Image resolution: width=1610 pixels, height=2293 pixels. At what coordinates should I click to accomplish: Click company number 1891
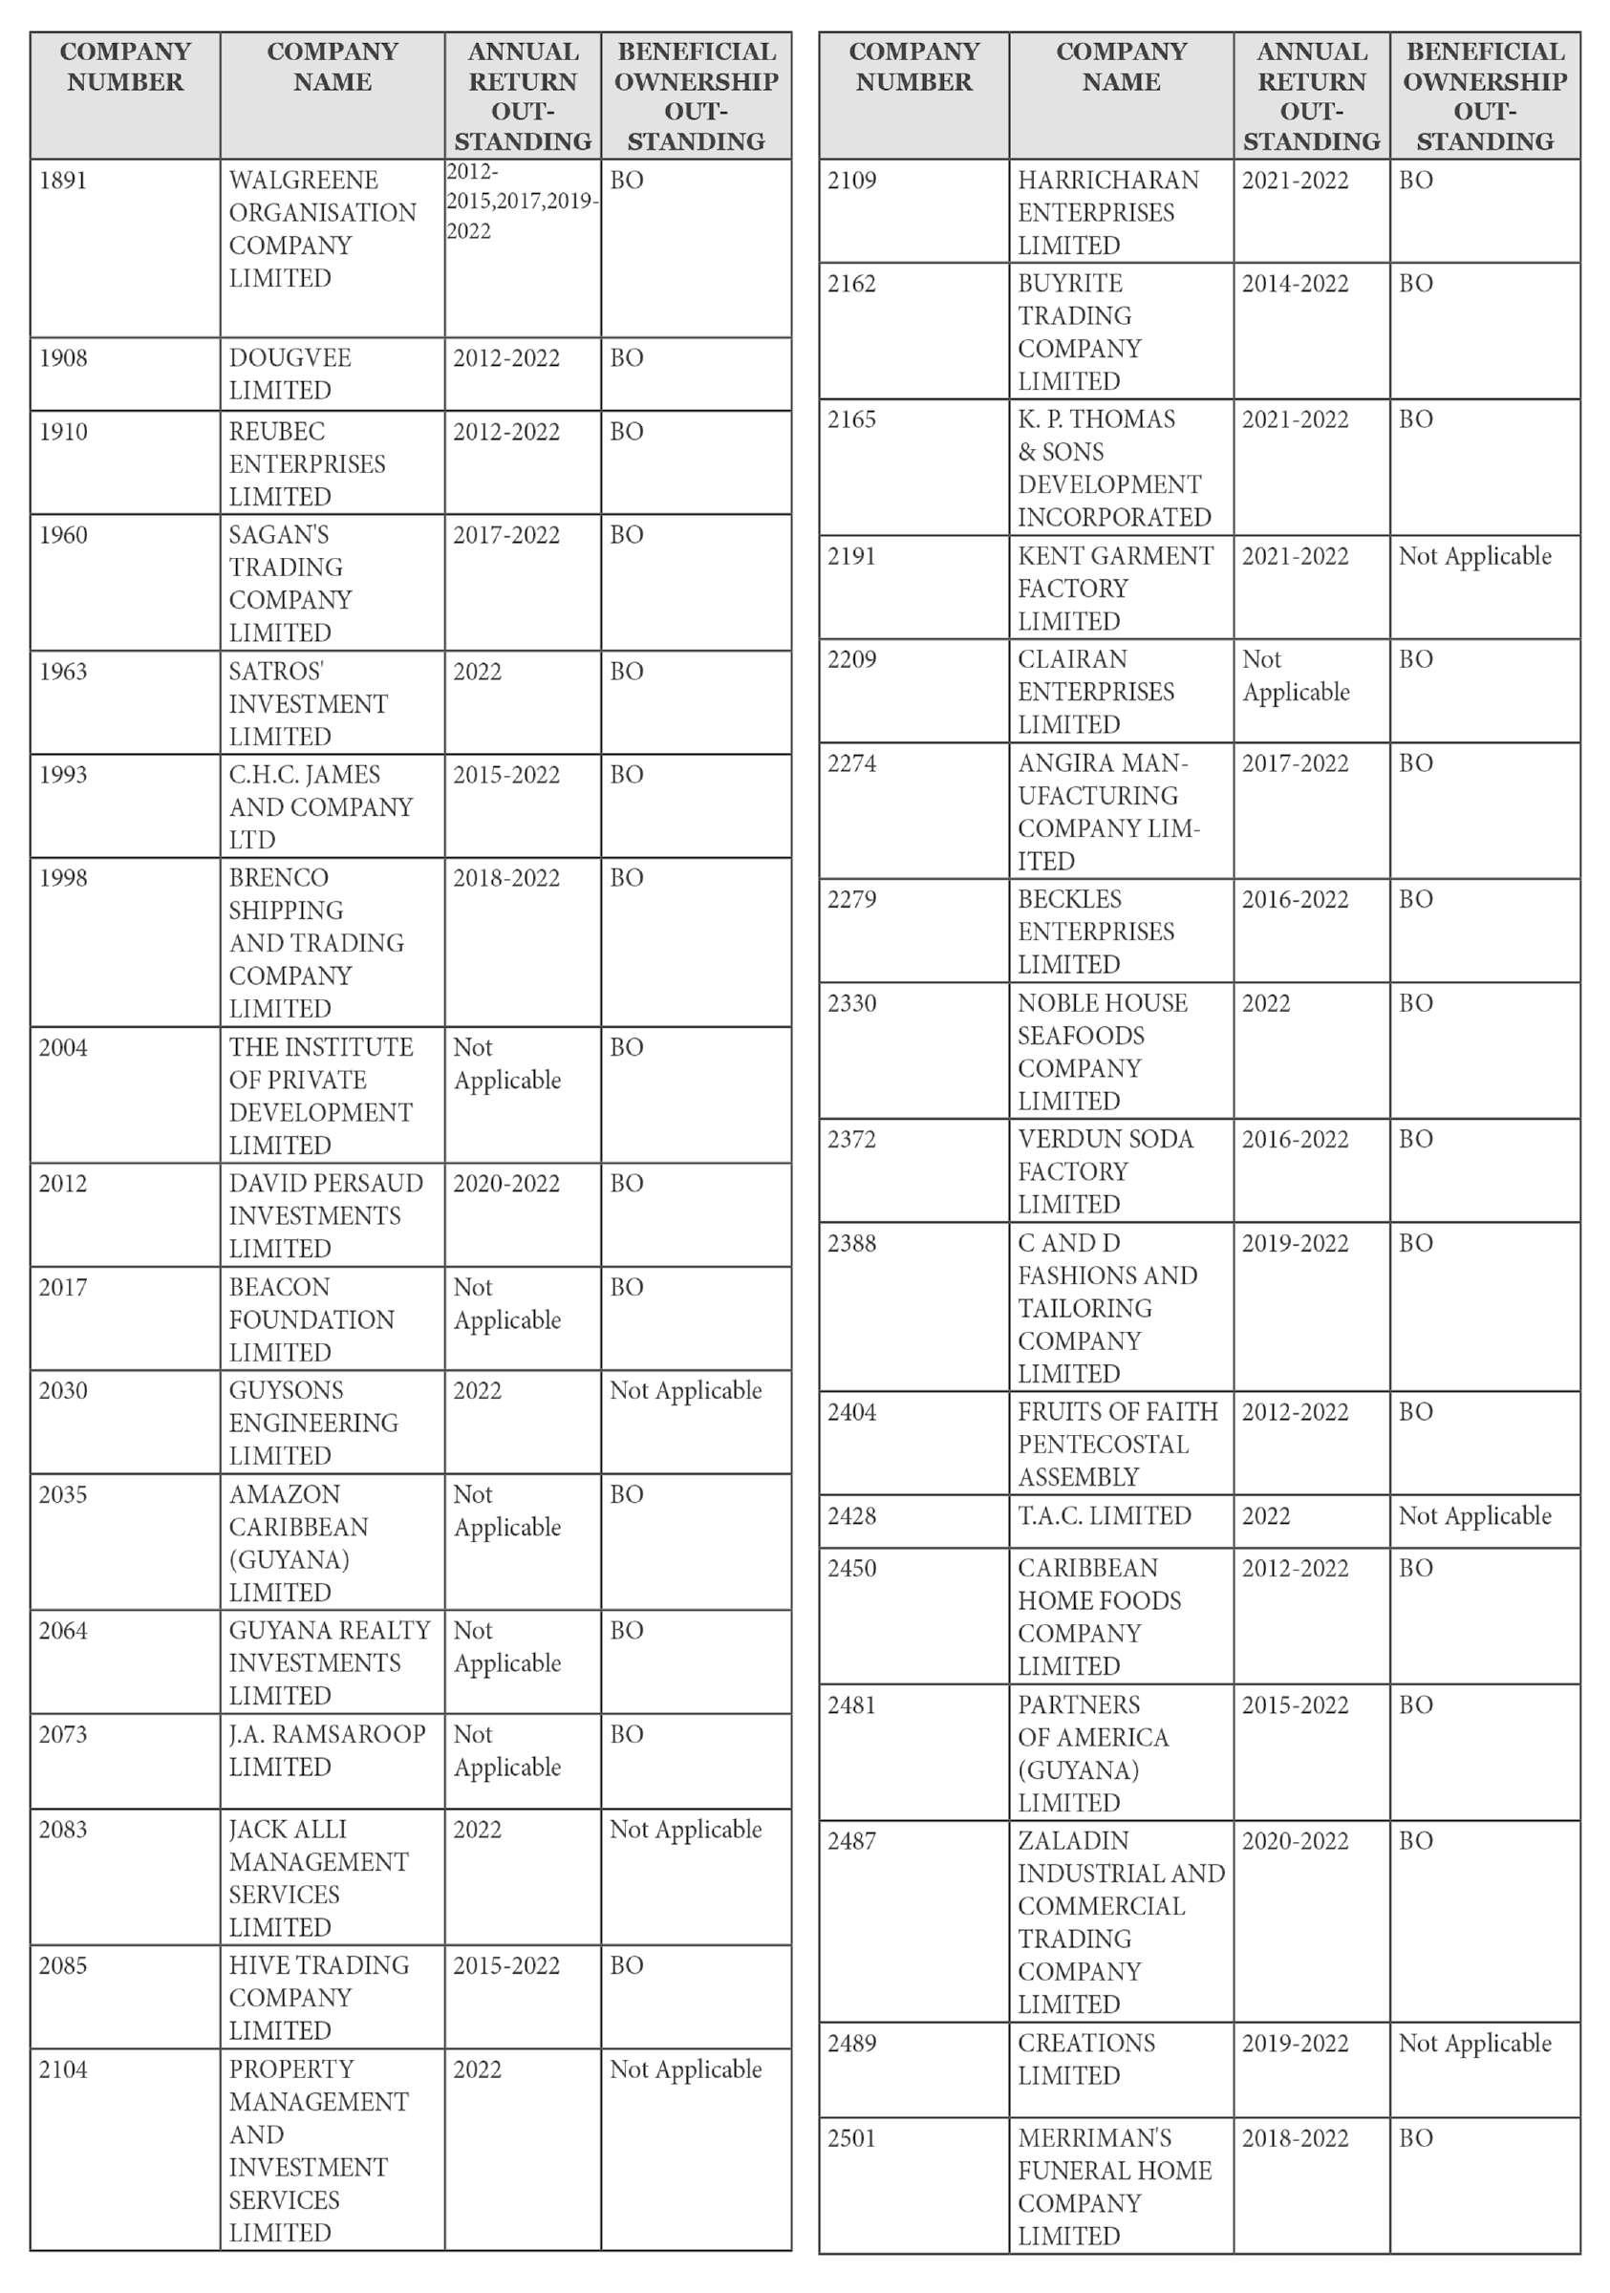[63, 181]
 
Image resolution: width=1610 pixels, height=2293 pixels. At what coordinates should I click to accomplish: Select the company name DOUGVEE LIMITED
[290, 374]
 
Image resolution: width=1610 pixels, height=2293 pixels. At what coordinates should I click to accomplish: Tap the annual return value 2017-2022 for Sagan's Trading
[506, 535]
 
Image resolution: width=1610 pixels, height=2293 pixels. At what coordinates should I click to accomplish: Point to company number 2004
[63, 1048]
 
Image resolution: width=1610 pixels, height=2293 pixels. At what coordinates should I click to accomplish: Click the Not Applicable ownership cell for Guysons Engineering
[685, 1390]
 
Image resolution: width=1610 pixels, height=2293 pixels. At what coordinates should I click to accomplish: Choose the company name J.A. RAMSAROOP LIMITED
[327, 1749]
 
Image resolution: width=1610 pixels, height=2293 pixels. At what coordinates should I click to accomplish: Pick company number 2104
[63, 2069]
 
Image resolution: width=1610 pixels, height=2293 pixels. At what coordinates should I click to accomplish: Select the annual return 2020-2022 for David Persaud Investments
[506, 1184]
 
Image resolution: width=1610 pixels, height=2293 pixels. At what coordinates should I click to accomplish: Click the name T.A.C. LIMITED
[1104, 1516]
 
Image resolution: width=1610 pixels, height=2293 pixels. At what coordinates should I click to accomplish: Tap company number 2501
[851, 2138]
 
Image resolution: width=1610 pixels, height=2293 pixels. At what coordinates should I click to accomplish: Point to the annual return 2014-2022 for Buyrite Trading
[1295, 284]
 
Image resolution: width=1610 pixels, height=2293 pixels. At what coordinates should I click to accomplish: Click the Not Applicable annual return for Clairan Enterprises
[1295, 676]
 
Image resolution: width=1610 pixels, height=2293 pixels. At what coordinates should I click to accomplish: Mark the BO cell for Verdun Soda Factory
[1415, 1140]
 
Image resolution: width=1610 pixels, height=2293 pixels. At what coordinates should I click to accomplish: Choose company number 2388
[851, 1243]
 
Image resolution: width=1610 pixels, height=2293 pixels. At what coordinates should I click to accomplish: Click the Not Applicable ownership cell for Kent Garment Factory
[1474, 556]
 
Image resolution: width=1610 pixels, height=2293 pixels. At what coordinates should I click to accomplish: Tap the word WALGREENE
[304, 181]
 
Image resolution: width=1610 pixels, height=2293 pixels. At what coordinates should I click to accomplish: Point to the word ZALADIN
[1073, 1840]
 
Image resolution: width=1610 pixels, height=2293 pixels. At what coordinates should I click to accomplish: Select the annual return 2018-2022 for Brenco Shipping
[506, 878]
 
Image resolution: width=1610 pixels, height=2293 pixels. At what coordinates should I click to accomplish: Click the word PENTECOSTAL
[1103, 1446]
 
